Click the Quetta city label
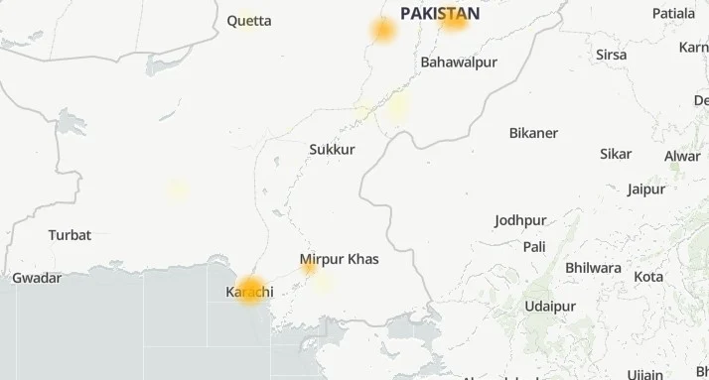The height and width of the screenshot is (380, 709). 248,20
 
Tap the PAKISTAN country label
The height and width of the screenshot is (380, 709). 440,14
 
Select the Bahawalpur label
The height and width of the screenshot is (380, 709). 459,62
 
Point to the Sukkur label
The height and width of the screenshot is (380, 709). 332,149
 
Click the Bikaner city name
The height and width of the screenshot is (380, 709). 533,133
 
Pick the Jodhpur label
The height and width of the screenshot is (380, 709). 521,220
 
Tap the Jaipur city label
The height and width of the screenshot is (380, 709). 646,190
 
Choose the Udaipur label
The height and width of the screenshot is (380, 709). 551,305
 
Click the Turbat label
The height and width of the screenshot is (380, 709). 70,235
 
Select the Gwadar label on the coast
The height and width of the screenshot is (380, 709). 37,279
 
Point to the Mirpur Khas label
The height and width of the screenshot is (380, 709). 339,259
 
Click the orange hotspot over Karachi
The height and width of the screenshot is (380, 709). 250,290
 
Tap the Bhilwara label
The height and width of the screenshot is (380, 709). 593,268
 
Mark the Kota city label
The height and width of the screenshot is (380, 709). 649,276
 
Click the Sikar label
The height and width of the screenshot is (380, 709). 616,154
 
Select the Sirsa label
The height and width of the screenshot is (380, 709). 611,55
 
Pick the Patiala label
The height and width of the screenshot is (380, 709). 674,13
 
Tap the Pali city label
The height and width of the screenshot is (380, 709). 535,246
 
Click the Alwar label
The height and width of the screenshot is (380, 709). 682,156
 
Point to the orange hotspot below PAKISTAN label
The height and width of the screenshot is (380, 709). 453,20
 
